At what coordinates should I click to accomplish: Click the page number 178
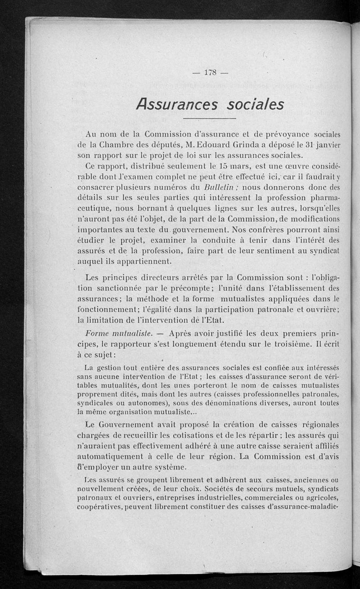click(210, 72)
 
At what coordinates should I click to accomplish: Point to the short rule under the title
click(210, 118)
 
